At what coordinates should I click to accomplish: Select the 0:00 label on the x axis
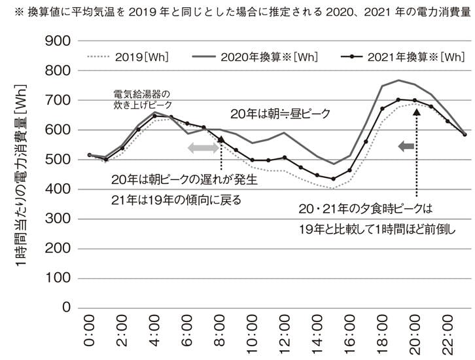pyautogui.click(x=90, y=332)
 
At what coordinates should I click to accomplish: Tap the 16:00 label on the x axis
pyautogui.click(x=349, y=332)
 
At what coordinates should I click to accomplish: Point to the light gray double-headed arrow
pyautogui.click(x=204, y=148)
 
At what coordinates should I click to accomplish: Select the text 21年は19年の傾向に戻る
pyautogui.click(x=176, y=200)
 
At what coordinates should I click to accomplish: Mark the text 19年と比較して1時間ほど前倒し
pyautogui.click(x=376, y=229)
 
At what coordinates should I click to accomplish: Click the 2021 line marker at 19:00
pyautogui.click(x=398, y=99)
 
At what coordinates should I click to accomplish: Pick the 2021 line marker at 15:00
pyautogui.click(x=333, y=179)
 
